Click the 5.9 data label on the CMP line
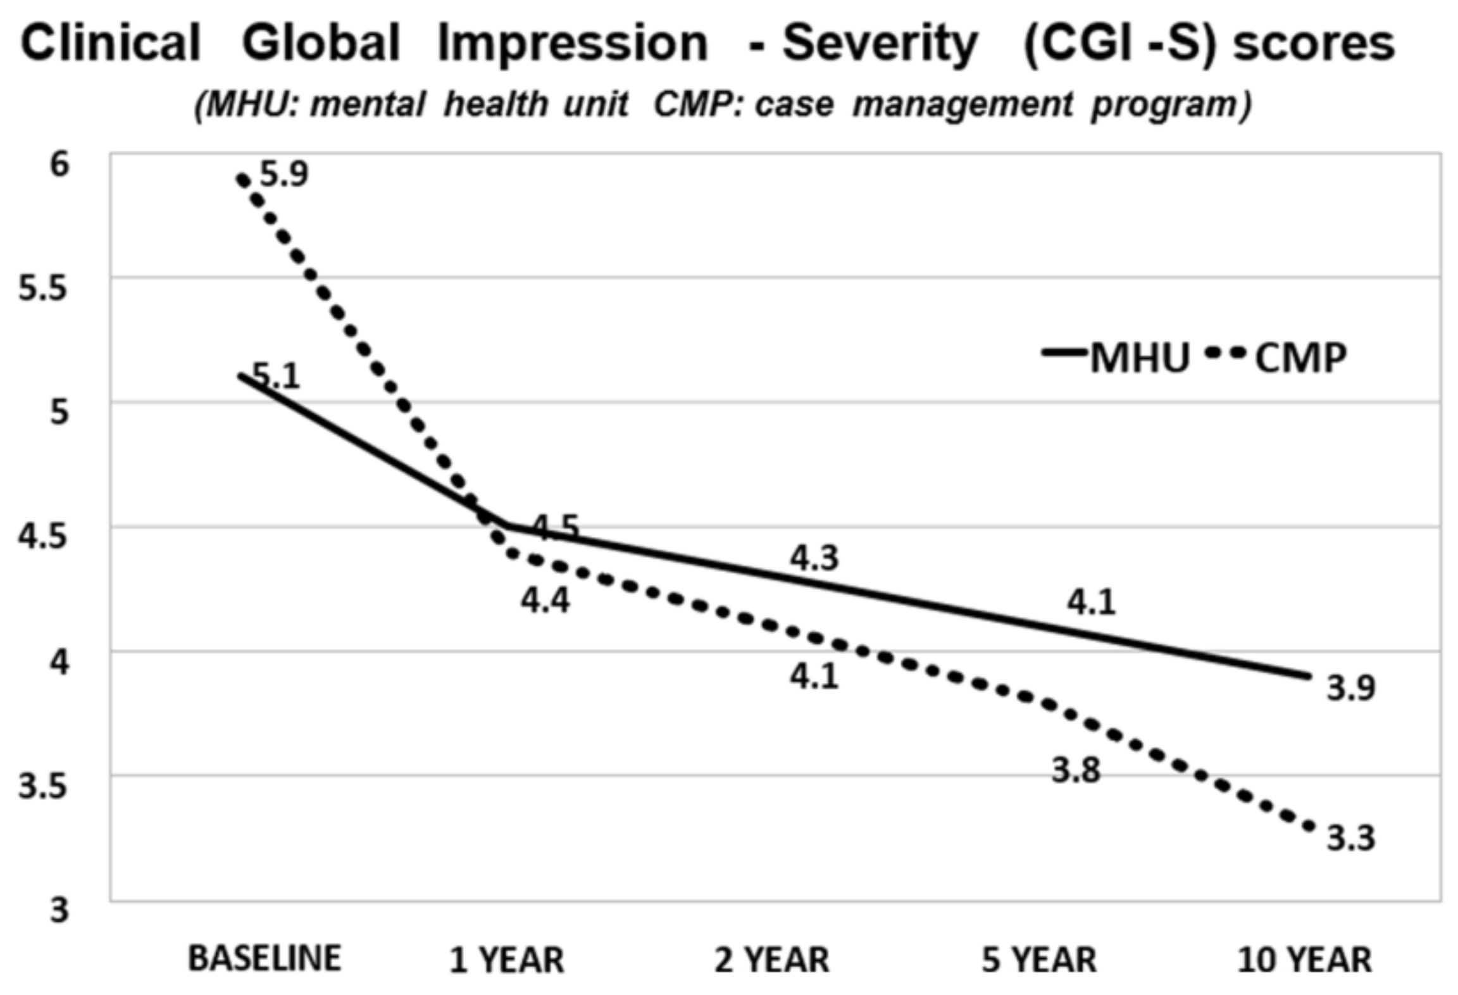pos(283,174)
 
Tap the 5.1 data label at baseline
pos(276,377)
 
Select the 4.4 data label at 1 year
pos(545,600)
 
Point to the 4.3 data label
pos(814,558)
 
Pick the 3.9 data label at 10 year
pos(1350,688)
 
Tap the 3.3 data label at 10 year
pos(1350,838)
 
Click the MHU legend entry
pos(1117,358)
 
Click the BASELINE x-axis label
pos(265,958)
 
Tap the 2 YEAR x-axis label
pos(771,960)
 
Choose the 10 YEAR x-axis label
pos(1305,960)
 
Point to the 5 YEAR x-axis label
pos(1039,960)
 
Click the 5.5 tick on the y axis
pos(42,289)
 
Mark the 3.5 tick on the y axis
pos(42,787)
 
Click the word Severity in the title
pos(880,44)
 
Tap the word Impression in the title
pos(572,44)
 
